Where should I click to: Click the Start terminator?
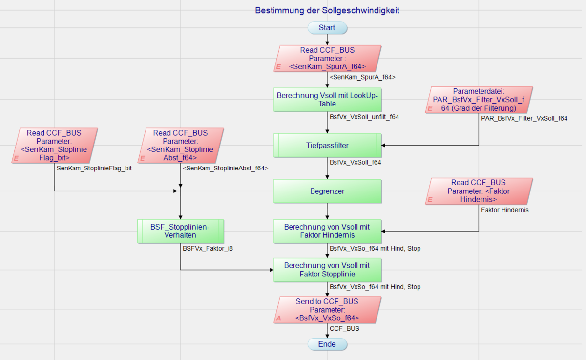(x=327, y=28)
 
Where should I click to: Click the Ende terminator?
(x=327, y=344)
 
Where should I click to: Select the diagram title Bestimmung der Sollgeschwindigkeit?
(x=327, y=10)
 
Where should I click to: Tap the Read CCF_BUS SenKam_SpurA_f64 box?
(x=327, y=59)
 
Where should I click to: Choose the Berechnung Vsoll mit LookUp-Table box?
(x=327, y=100)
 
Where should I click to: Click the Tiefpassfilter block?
(x=327, y=146)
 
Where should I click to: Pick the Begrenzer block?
(x=327, y=191)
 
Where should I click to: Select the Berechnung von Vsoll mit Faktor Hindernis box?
(x=327, y=231)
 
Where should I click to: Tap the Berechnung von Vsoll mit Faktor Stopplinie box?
(x=327, y=270)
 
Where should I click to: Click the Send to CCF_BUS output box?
(x=327, y=310)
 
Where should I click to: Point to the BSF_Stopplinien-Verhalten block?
(x=181, y=231)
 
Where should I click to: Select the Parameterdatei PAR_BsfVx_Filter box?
(x=479, y=100)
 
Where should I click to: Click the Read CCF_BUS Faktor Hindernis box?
(x=479, y=191)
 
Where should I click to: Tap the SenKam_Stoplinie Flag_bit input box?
(x=54, y=146)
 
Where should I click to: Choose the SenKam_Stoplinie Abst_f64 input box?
(x=181, y=146)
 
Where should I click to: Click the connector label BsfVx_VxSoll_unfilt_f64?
(x=364, y=117)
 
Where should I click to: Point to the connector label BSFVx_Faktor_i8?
(x=208, y=248)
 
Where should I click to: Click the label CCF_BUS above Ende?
(x=344, y=329)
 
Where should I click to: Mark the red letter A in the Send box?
(x=279, y=318)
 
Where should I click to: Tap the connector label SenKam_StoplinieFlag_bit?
(x=94, y=169)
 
